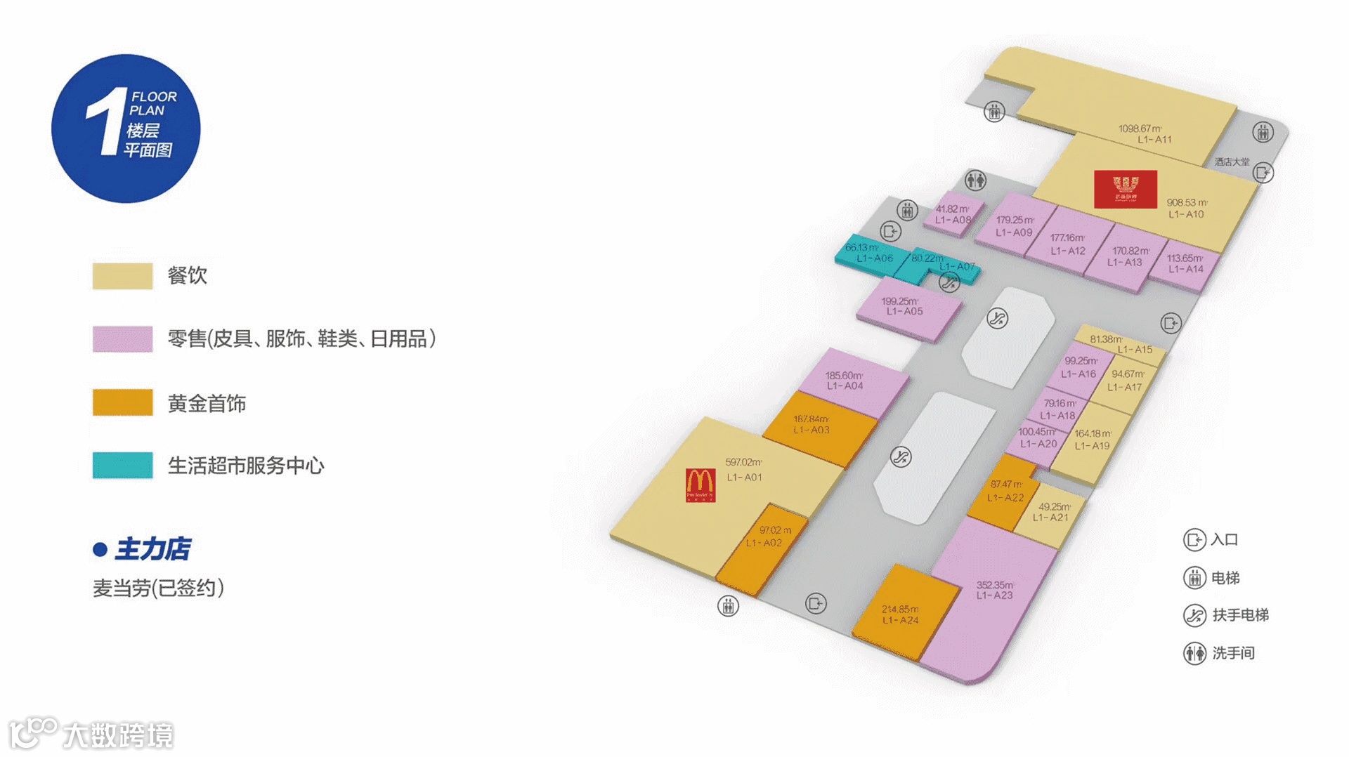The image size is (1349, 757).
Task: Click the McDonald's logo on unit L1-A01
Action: (x=700, y=485)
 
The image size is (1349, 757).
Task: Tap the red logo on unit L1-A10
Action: (x=1125, y=189)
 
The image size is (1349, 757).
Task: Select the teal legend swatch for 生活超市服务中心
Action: (x=122, y=465)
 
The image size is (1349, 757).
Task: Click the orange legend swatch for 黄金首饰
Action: (x=122, y=402)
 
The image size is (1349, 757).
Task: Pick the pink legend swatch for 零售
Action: (x=122, y=338)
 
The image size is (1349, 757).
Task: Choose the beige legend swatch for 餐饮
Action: (x=122, y=275)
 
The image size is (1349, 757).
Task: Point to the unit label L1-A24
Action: (x=900, y=620)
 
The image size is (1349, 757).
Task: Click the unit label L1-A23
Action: (x=994, y=595)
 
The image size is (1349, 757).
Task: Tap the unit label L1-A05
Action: (x=904, y=311)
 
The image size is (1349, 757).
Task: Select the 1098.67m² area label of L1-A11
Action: (x=1140, y=129)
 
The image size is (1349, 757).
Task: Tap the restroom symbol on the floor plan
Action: (x=975, y=180)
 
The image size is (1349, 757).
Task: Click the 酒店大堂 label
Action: (x=1232, y=162)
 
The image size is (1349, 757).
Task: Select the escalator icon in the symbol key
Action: (x=1194, y=615)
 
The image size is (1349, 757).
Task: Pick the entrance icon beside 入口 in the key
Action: (x=1194, y=539)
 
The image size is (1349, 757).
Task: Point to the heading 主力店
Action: (x=152, y=548)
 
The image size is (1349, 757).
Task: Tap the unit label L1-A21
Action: (x=1050, y=518)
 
